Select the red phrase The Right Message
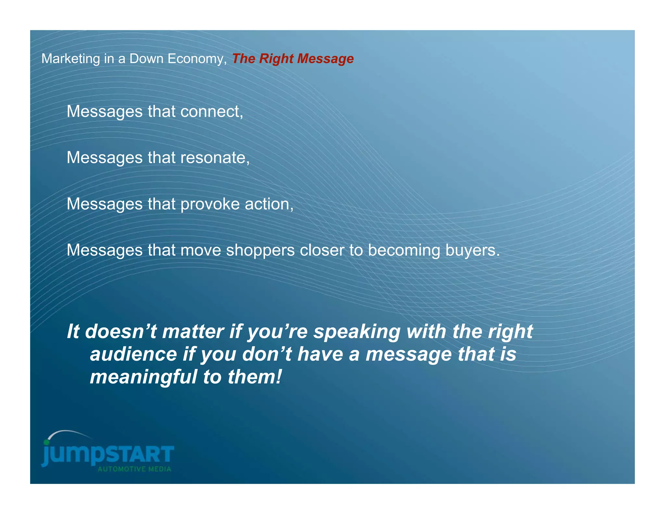293,59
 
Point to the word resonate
215,158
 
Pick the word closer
322,251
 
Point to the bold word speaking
357,332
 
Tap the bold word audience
133,354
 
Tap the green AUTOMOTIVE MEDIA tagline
134,469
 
